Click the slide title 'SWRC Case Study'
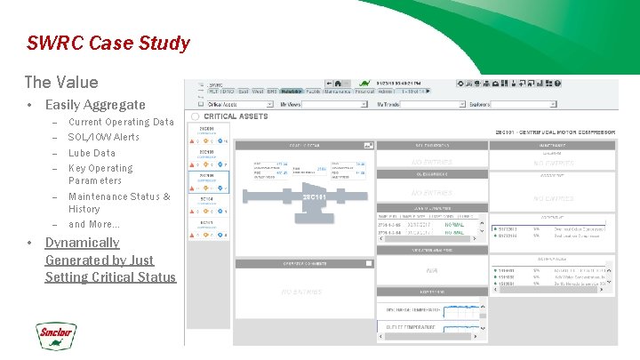click(108, 43)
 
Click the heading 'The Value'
click(61, 83)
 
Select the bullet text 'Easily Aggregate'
click(95, 105)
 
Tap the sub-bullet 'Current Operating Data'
click(121, 123)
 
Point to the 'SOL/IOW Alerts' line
click(104, 138)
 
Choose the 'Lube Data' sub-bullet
click(92, 153)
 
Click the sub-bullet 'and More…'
click(93, 224)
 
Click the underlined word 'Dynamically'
click(82, 243)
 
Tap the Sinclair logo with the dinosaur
click(56, 336)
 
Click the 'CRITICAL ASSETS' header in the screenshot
click(236, 116)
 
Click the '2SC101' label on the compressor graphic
click(316, 196)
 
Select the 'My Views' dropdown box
click(324, 105)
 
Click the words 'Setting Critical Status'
click(110, 277)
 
